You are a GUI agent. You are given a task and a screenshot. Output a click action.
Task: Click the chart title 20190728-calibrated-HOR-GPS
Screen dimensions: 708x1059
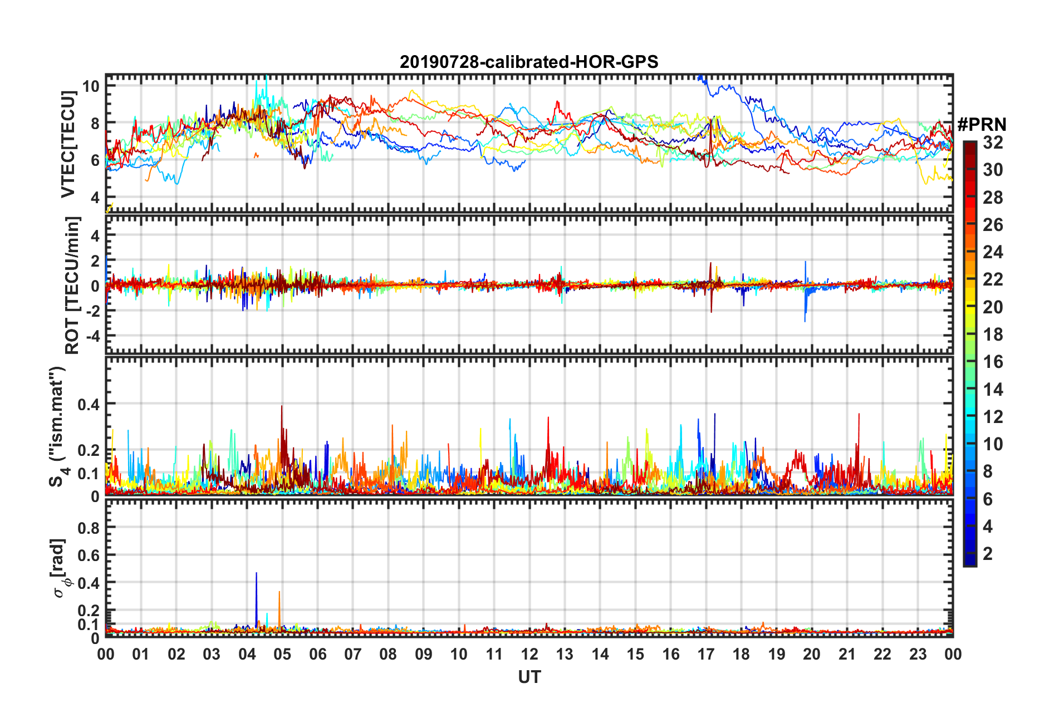tap(529, 62)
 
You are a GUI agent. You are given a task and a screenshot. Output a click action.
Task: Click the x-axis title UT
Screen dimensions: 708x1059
tap(529, 677)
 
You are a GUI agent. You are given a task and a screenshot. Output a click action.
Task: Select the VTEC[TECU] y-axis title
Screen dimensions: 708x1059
tap(68, 145)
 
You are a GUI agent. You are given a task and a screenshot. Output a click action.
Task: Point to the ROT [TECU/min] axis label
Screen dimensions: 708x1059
tap(72, 286)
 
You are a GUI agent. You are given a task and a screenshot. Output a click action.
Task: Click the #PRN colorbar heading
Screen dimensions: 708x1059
tap(982, 124)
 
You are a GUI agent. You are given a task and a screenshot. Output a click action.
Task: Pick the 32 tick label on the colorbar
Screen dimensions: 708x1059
tap(993, 142)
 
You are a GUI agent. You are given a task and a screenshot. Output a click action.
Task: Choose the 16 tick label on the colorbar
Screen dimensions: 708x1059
tap(993, 362)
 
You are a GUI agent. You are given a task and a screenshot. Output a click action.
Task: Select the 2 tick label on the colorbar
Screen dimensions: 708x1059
tap(988, 554)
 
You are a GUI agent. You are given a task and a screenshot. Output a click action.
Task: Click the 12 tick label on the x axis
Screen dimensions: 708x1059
tap(529, 654)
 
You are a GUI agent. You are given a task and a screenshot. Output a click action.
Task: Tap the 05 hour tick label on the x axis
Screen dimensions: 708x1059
tap(282, 654)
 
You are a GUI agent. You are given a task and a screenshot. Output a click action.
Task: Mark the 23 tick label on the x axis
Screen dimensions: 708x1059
tap(918, 654)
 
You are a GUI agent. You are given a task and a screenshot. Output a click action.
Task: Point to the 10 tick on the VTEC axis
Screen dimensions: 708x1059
tap(91, 86)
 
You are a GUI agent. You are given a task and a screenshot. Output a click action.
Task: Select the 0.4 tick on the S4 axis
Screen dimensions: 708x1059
tap(89, 404)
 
